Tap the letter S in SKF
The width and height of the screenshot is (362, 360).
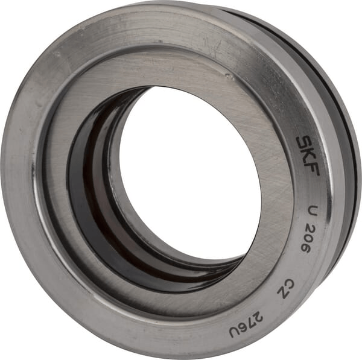click(303, 143)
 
